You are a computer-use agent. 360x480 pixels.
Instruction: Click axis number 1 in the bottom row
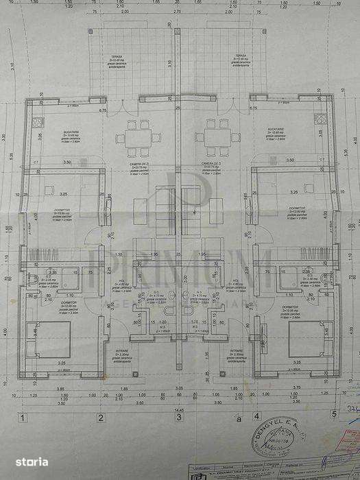click(x=23, y=416)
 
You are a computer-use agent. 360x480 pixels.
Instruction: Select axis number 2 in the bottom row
click(x=100, y=416)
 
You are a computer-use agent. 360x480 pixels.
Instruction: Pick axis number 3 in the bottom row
click(x=178, y=416)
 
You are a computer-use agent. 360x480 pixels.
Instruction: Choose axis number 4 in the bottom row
click(x=257, y=416)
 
